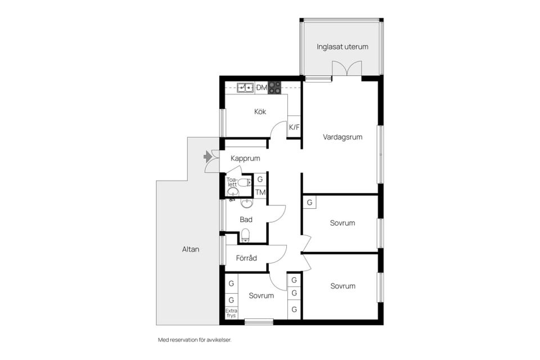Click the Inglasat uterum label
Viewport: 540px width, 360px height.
[x=343, y=47]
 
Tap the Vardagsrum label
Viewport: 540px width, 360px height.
[x=343, y=137]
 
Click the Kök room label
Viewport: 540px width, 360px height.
[x=260, y=111]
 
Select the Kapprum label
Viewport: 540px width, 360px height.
[x=245, y=159]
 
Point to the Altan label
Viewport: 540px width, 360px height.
[x=191, y=249]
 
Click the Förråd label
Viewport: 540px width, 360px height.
[x=246, y=258]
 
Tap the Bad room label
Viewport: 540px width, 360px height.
[x=246, y=219]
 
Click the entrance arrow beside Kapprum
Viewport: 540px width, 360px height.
[x=208, y=156]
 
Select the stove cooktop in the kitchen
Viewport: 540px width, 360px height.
[x=274, y=88]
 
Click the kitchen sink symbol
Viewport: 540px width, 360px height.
[x=245, y=88]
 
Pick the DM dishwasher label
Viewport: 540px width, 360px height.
[x=262, y=88]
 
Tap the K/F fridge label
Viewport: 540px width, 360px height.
[x=294, y=127]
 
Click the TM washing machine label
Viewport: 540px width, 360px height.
[x=260, y=192]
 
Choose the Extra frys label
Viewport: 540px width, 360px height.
[x=231, y=313]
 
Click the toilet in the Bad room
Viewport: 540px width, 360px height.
[x=245, y=236]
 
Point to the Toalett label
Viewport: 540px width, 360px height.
[x=232, y=182]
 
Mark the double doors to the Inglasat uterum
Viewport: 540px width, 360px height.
[x=347, y=68]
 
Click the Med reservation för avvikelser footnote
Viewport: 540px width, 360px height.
[x=195, y=340]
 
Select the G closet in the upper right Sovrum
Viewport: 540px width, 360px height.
[x=309, y=202]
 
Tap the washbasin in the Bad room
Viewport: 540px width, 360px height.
[x=246, y=203]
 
